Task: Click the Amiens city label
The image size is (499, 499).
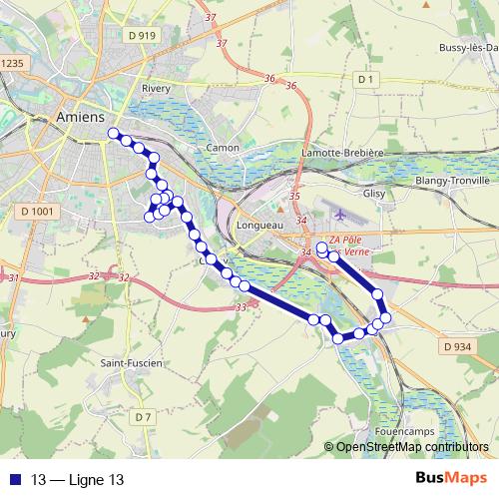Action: [81, 117]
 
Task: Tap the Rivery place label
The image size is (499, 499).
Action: [157, 88]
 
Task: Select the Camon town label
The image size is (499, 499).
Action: [222, 148]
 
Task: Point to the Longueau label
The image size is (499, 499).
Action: [260, 225]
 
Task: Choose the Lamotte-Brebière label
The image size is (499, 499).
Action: [342, 153]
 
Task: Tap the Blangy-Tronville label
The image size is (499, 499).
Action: [452, 181]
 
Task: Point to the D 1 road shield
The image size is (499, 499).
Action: [365, 78]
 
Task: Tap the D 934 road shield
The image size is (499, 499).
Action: [455, 346]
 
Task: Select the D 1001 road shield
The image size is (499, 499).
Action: [36, 212]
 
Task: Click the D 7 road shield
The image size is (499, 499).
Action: [143, 415]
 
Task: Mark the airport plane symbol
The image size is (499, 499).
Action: [342, 214]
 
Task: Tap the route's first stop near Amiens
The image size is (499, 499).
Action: [114, 133]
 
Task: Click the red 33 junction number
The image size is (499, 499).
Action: [242, 308]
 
